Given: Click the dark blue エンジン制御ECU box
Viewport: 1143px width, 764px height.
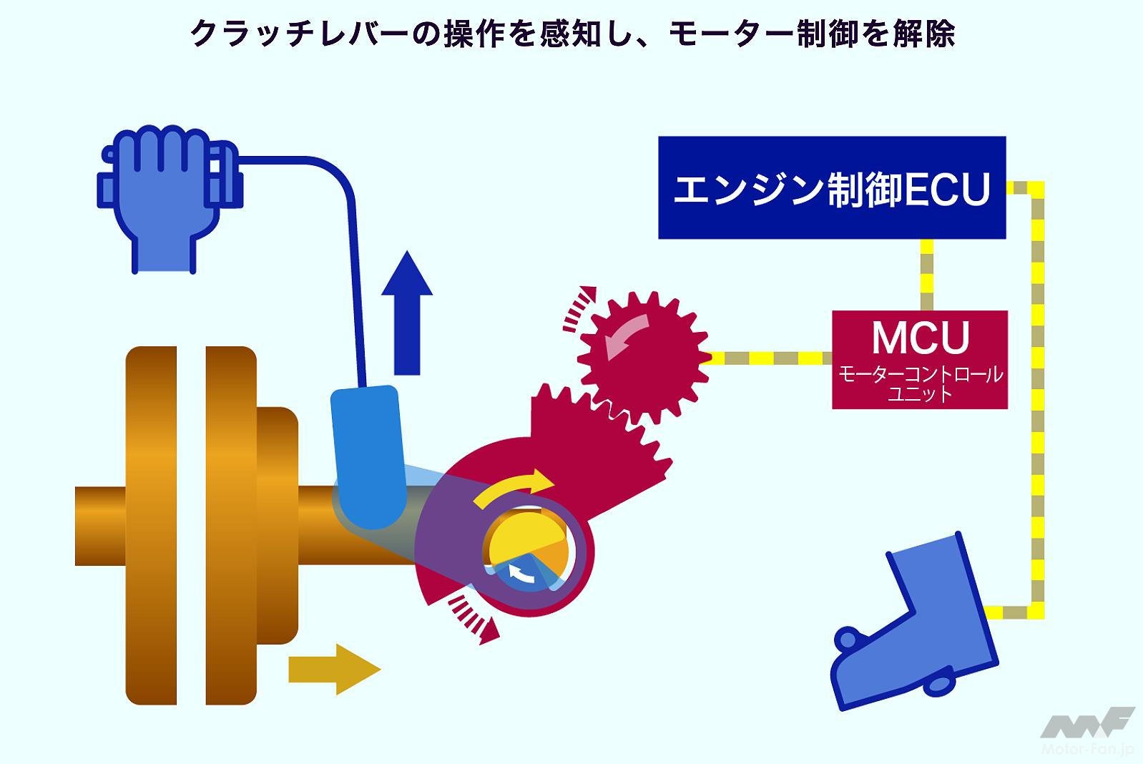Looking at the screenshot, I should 831,187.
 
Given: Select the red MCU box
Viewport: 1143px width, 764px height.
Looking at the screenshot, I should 919,359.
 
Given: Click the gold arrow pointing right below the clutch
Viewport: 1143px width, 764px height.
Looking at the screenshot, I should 333,669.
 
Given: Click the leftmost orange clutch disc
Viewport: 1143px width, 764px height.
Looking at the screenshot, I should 151,526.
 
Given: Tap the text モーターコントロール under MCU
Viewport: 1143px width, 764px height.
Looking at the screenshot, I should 920,375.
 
